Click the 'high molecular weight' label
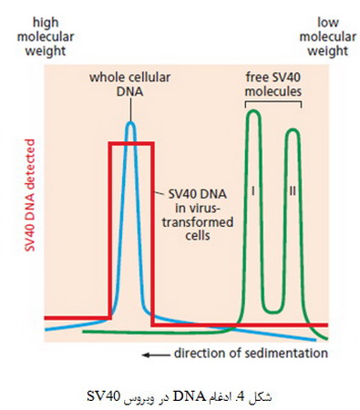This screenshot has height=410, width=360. coord(46,37)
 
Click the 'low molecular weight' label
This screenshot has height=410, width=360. coord(328,37)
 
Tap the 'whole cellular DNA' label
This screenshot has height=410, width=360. coord(130,84)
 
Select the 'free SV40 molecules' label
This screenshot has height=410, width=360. coord(273,84)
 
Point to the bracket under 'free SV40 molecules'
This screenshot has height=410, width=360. coord(273,102)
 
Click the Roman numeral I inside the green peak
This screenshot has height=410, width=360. coord(253,191)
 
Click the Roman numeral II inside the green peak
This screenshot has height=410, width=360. coord(293,191)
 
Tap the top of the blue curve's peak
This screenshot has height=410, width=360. coord(131,122)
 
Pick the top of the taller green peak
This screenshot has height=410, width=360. coord(254,111)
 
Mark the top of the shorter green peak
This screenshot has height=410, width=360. coord(293,130)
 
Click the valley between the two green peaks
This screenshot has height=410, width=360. coord(273,313)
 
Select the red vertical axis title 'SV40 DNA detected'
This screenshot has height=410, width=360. coord(30,195)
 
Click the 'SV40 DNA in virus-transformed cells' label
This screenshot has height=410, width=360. coord(198,215)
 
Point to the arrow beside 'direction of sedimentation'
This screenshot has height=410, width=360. coord(156,354)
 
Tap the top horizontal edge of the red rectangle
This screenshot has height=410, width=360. coord(131,143)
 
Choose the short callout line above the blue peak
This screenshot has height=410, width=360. coord(131,109)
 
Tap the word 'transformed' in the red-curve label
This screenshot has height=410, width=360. coord(198,222)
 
